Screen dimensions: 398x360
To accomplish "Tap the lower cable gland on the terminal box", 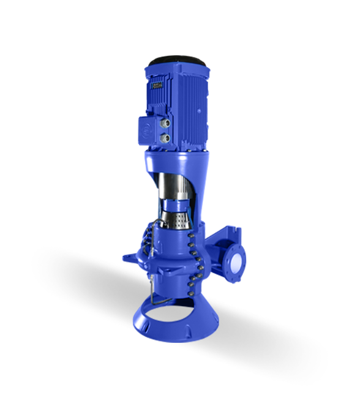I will pos(165,139).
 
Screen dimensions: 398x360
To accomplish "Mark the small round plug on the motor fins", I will pos(198,111).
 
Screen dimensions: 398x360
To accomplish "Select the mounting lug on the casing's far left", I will pos(129,252).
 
